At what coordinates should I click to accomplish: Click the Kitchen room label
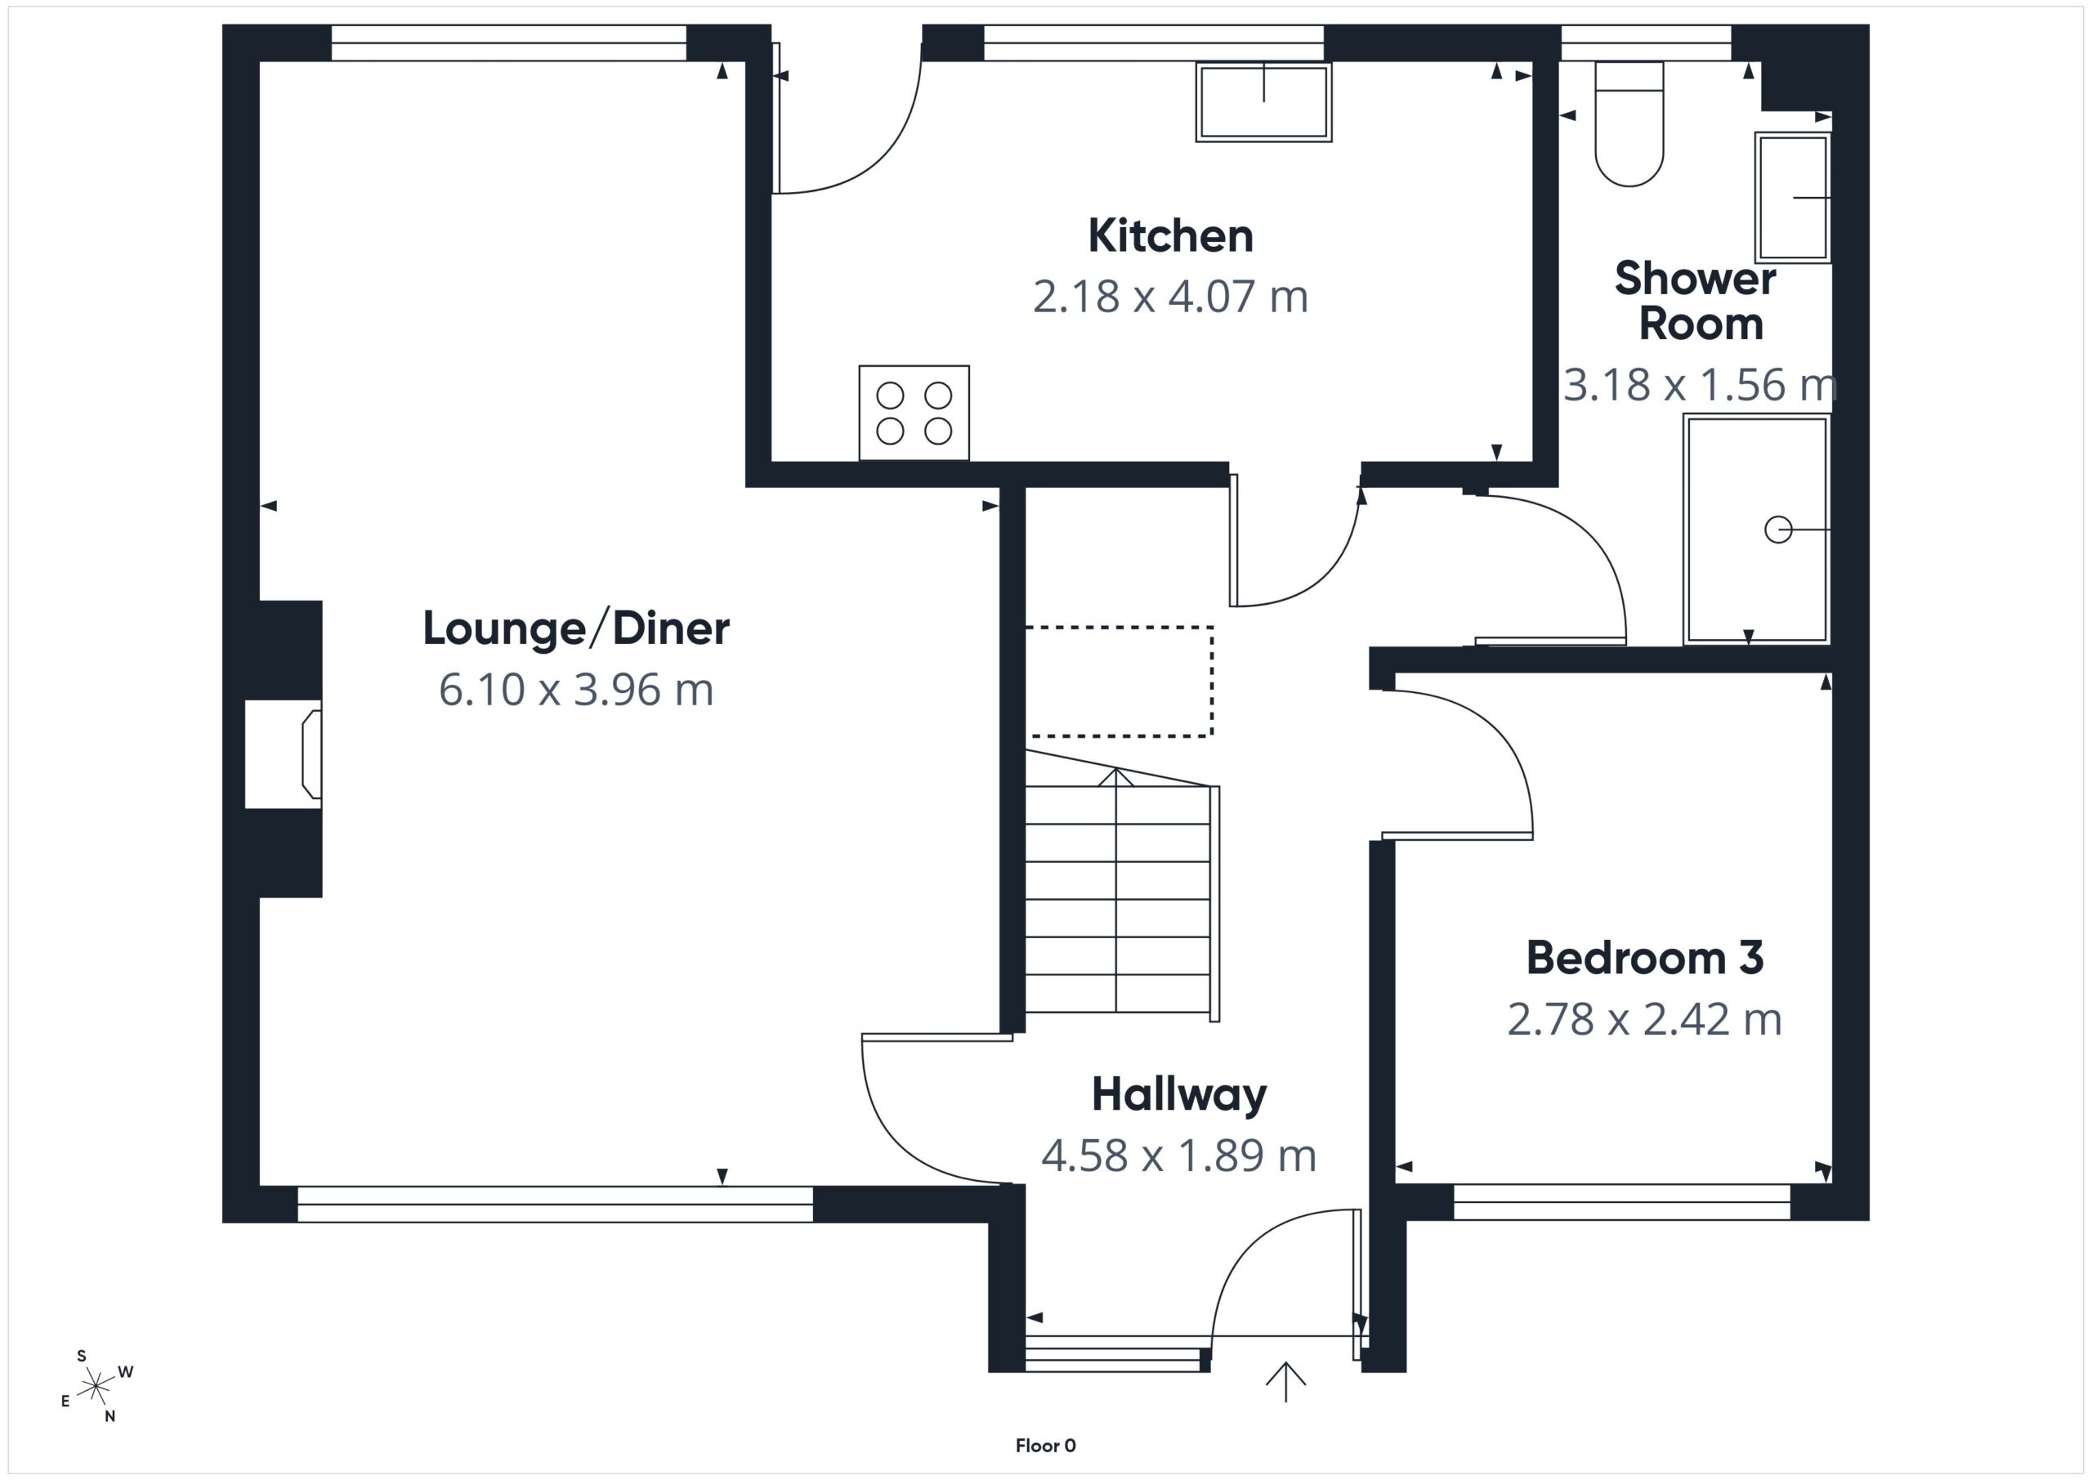(x=1171, y=236)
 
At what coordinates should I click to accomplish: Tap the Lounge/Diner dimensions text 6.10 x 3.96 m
(x=576, y=690)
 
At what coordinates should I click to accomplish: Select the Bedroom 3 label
(x=1645, y=958)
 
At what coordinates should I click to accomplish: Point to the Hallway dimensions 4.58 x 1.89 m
(x=1179, y=1156)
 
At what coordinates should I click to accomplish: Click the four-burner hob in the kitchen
(x=914, y=413)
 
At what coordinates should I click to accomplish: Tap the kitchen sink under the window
(x=1263, y=102)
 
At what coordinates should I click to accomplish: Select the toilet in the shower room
(x=1629, y=124)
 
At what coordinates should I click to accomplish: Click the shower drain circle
(x=1777, y=530)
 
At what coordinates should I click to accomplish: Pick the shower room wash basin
(x=1792, y=198)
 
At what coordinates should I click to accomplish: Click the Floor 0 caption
(x=1045, y=1446)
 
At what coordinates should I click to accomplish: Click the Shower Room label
(x=1696, y=301)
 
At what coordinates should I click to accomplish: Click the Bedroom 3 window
(x=1622, y=1202)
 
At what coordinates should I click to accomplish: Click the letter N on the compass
(x=110, y=1416)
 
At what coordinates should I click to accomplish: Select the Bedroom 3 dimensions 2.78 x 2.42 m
(x=1645, y=1020)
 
